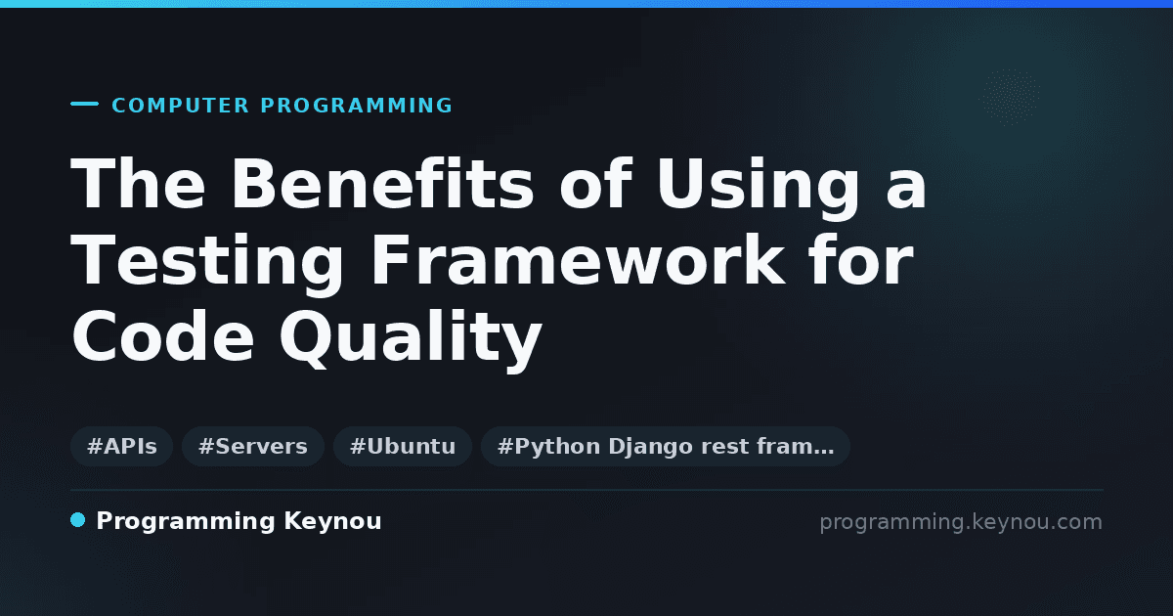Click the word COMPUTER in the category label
(180, 106)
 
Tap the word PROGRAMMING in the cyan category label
(356, 106)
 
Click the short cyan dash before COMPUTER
(84, 104)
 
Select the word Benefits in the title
(383, 184)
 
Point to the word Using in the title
(759, 189)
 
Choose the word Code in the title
(163, 335)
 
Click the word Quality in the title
(411, 340)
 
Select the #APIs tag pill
(121, 446)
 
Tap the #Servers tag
(253, 446)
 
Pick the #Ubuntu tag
(403, 446)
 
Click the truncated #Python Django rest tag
(666, 446)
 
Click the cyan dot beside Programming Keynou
(77, 520)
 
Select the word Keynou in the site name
(332, 522)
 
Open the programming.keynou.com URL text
(961, 522)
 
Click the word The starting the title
(138, 184)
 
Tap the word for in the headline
(861, 260)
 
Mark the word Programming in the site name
(186, 522)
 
